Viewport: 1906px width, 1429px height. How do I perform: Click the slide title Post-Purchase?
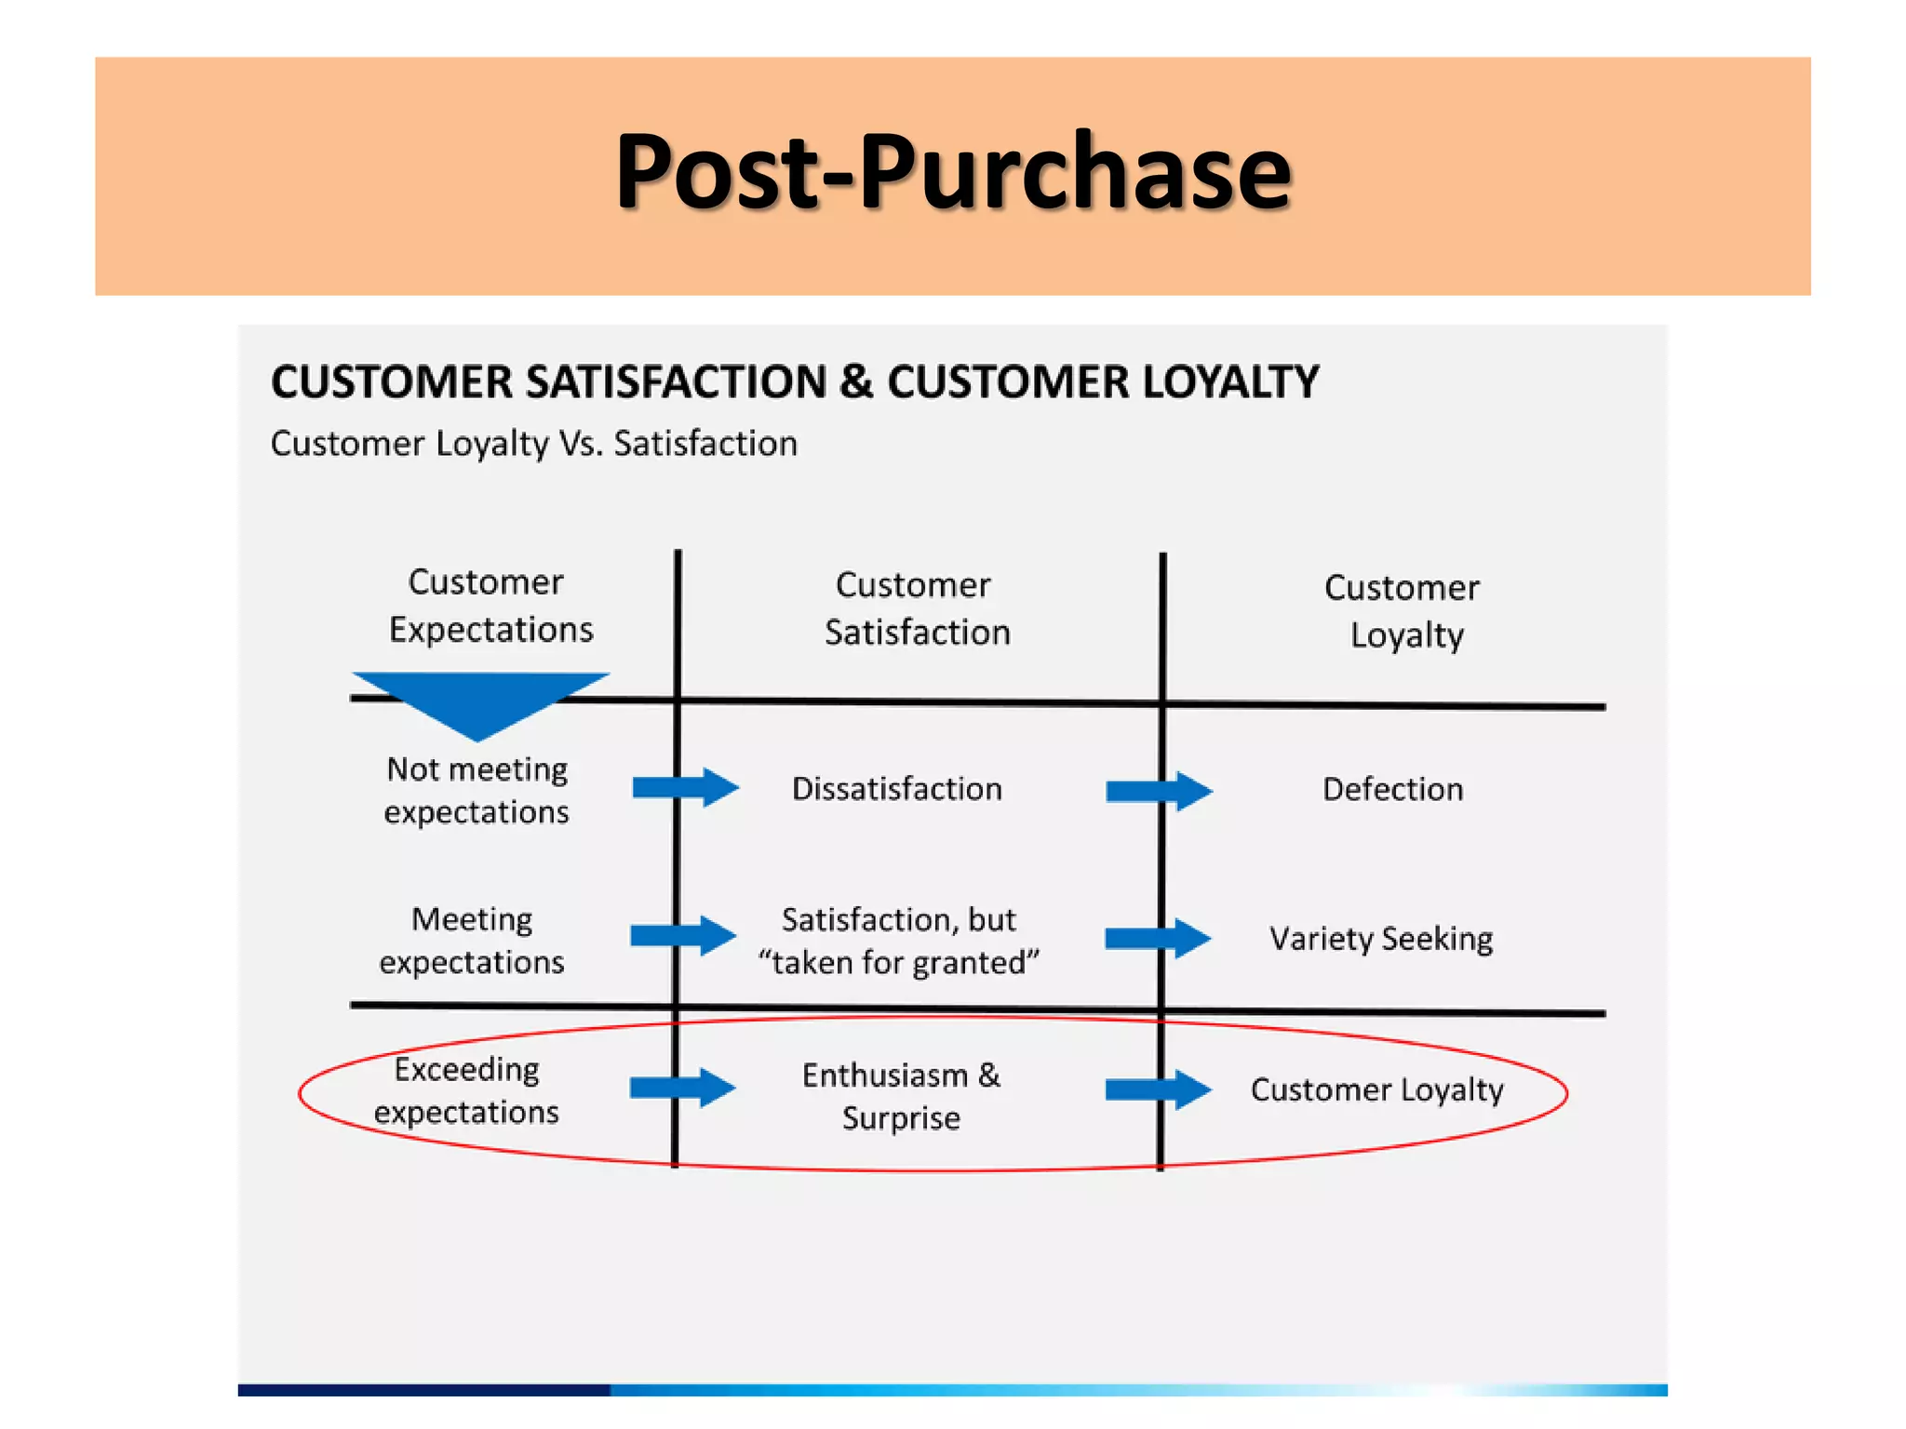[953, 173]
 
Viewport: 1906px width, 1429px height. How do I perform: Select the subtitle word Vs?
[581, 444]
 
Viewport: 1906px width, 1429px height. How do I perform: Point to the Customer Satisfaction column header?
[916, 608]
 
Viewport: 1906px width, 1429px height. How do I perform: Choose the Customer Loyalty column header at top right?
[1403, 611]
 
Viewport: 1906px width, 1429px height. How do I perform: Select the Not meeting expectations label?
[476, 790]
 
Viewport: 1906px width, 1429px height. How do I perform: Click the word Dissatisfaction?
[896, 789]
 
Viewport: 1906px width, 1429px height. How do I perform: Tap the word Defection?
[1392, 790]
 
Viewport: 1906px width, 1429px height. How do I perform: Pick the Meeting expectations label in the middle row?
[472, 940]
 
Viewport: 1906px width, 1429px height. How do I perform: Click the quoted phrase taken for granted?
[898, 963]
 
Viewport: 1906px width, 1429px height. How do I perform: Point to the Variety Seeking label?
[1381, 939]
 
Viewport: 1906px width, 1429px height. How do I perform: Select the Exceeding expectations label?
[467, 1090]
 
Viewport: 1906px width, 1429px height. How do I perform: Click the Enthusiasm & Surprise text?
[901, 1096]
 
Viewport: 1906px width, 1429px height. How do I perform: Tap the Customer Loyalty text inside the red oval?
[1376, 1089]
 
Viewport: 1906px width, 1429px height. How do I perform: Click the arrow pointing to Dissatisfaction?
[685, 788]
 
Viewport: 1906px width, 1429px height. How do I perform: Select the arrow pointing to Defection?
[1158, 791]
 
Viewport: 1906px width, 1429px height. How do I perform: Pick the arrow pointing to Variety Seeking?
[1157, 938]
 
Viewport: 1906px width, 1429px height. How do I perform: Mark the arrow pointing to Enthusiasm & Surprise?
[682, 1088]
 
